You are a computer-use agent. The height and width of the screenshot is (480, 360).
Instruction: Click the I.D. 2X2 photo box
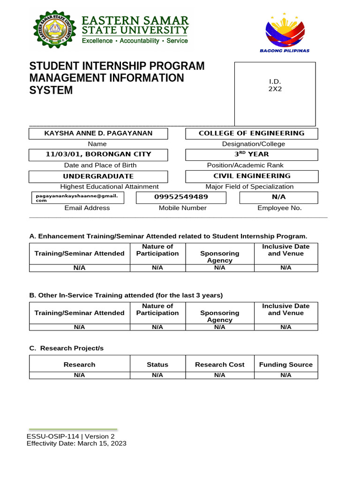coord(275,94)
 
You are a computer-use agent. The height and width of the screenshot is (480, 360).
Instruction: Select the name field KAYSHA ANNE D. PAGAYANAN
coord(98,134)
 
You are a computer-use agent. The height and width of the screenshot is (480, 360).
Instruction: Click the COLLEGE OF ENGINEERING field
coord(252,134)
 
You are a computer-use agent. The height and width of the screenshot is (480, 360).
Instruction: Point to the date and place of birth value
coord(98,154)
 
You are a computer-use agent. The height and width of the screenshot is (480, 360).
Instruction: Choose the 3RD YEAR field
coord(252,154)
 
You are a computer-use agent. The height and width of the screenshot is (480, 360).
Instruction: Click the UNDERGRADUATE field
coord(98,176)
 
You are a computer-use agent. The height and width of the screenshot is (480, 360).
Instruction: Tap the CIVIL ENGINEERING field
coord(252,176)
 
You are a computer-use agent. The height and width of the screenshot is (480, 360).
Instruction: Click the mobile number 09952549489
coord(181,198)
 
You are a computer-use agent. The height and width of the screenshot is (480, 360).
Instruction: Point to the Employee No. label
coord(279,208)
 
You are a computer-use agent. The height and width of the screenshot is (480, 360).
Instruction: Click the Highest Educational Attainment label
coord(110,187)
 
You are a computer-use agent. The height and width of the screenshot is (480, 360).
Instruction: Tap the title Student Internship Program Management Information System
coord(117,78)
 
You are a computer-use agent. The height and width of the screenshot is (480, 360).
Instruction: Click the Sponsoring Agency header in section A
coord(219,256)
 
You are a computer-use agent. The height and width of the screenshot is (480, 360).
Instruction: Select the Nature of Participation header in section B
coord(157,309)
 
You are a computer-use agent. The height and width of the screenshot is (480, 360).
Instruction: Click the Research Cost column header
coord(219,364)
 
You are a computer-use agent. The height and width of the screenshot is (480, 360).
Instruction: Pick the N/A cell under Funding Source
coord(286,375)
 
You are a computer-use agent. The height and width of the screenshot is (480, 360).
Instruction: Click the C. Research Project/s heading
coord(66,348)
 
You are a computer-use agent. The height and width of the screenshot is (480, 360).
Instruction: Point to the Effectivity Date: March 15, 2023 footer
coord(76,443)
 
